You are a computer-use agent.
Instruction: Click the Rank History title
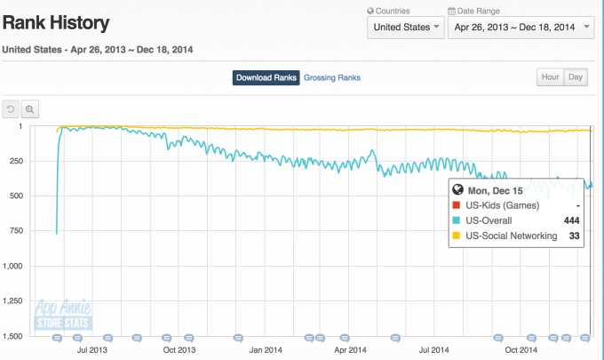57,22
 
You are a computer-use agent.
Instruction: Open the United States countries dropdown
406,28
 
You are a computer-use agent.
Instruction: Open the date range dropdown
521,28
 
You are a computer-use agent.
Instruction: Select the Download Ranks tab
266,77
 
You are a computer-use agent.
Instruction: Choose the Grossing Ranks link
332,77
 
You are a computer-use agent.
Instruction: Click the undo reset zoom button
12,109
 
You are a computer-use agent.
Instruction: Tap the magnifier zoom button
30,109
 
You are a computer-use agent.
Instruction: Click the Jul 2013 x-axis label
94,349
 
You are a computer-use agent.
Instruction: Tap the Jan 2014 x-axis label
266,349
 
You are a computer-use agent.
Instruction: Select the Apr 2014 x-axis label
352,349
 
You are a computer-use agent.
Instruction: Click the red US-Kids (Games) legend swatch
457,205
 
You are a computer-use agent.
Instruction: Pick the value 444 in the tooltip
572,220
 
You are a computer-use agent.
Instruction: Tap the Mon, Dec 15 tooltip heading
491,189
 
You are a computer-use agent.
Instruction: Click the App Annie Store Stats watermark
61,315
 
